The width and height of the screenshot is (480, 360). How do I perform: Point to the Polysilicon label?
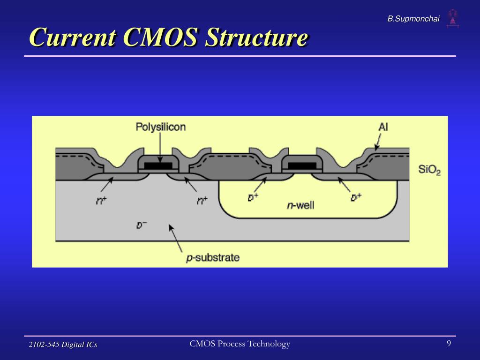click(160, 127)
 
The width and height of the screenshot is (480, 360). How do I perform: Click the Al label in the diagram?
click(383, 127)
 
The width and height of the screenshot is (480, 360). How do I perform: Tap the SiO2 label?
click(429, 170)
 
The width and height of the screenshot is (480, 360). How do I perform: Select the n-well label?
click(300, 205)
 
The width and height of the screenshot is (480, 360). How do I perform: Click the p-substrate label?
click(213, 257)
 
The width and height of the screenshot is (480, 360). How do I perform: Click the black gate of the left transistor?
click(158, 165)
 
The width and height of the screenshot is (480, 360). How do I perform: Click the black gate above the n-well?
click(301, 165)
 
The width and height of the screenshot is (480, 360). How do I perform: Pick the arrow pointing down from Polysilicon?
click(160, 148)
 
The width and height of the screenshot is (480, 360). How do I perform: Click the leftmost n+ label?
click(102, 200)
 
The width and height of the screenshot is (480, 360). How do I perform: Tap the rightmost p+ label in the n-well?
click(356, 197)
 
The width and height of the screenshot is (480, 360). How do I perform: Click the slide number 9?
click(449, 344)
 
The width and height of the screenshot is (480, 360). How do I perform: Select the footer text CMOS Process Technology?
click(240, 344)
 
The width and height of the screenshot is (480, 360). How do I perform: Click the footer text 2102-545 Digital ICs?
click(63, 345)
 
